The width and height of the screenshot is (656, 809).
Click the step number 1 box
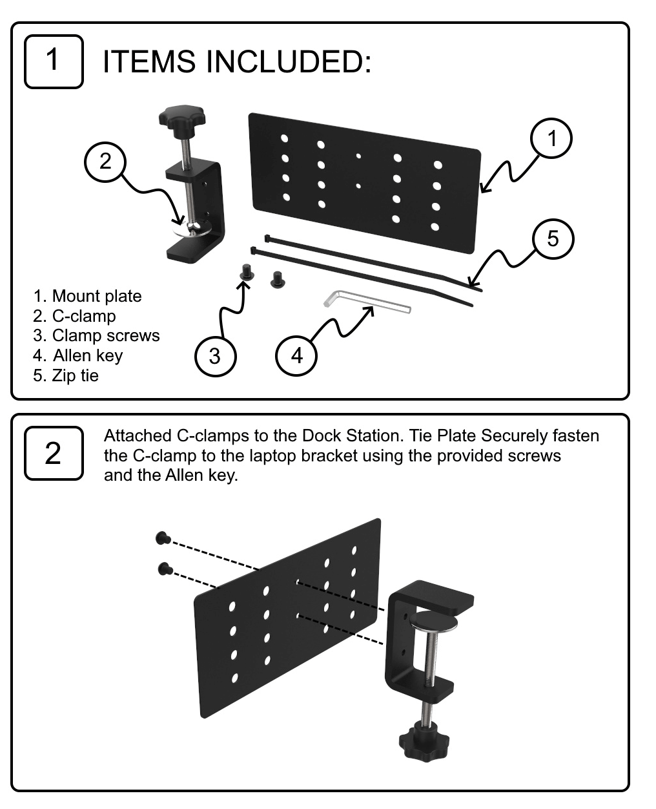pyautogui.click(x=54, y=61)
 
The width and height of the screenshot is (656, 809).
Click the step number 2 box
pyautogui.click(x=54, y=453)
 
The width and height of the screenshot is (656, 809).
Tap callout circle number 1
pyautogui.click(x=551, y=138)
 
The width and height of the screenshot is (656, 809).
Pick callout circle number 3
pyautogui.click(x=215, y=355)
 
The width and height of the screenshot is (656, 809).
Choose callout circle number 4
pyautogui.click(x=296, y=355)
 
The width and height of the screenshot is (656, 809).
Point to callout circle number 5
pyautogui.click(x=553, y=239)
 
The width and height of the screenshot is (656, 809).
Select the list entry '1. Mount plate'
pyautogui.click(x=87, y=296)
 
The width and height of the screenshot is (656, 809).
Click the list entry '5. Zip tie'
pyautogui.click(x=66, y=375)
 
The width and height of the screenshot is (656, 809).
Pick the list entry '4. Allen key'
pyautogui.click(x=78, y=355)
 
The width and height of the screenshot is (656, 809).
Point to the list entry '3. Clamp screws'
pyautogui.click(x=96, y=335)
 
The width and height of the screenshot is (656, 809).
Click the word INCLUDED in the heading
pyautogui.click(x=287, y=62)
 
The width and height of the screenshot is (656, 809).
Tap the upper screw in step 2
pyautogui.click(x=162, y=537)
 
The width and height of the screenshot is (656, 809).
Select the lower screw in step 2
pyautogui.click(x=165, y=569)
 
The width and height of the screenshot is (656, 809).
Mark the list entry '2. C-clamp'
pyautogui.click(x=74, y=316)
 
